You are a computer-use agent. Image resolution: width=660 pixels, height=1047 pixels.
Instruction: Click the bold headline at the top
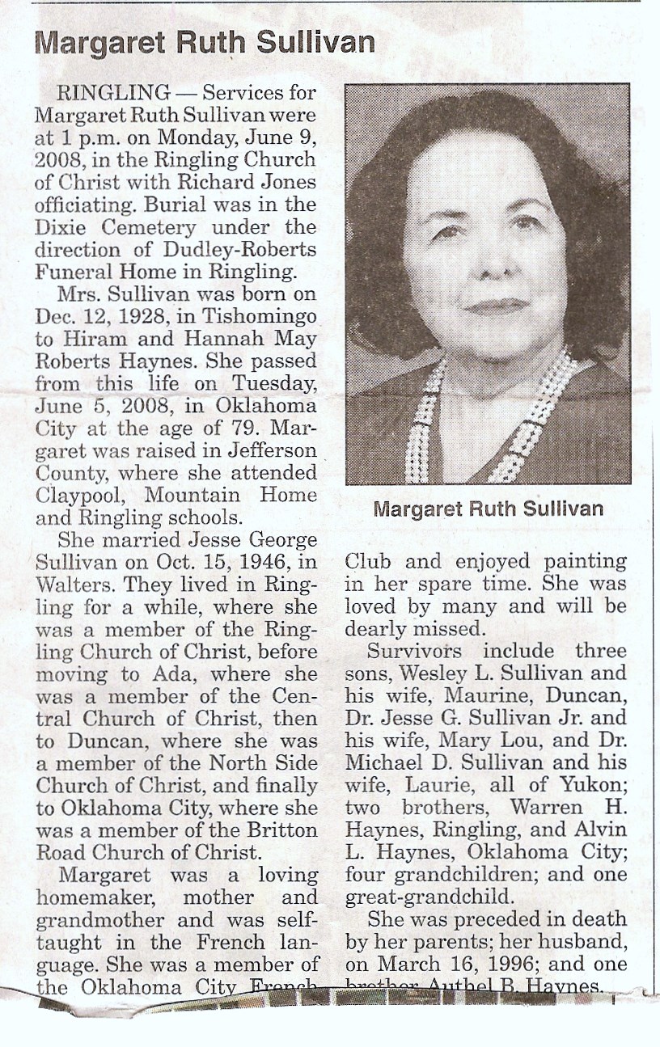[205, 43]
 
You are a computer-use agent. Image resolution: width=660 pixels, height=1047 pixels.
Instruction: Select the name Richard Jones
[260, 181]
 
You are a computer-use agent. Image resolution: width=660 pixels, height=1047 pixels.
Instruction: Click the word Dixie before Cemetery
[59, 227]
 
